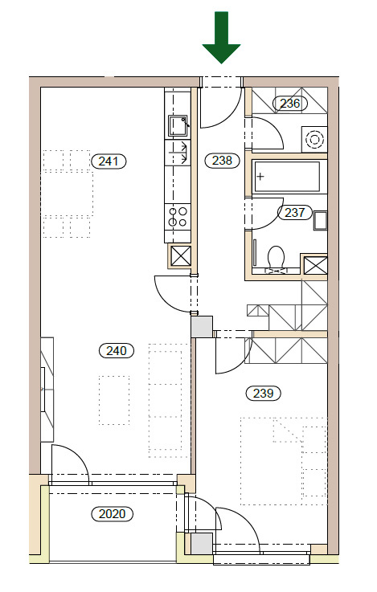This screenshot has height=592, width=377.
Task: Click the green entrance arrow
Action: point(221,37)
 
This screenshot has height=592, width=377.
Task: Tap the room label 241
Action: point(109,161)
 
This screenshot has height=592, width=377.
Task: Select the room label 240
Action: point(116,351)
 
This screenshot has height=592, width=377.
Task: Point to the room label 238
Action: point(222,161)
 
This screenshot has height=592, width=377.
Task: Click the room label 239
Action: point(263,393)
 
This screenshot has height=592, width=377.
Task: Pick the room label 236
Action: point(290,103)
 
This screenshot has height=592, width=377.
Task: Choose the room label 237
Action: point(295,212)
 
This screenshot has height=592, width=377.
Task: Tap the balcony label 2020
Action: point(113,514)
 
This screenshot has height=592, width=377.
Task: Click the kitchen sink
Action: point(178,125)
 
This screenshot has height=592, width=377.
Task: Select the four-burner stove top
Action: point(178,217)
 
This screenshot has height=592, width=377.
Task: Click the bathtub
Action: point(287,177)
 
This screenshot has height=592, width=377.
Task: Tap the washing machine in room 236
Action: point(314,139)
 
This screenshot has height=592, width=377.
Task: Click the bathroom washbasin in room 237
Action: point(321,221)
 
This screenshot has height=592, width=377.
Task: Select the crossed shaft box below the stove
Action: point(181,256)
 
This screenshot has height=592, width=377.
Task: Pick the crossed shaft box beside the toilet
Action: point(316,265)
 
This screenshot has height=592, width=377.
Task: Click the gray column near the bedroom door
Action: point(202,327)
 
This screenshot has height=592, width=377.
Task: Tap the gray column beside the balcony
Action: point(202,544)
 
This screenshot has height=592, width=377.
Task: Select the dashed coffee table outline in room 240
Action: point(114,400)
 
